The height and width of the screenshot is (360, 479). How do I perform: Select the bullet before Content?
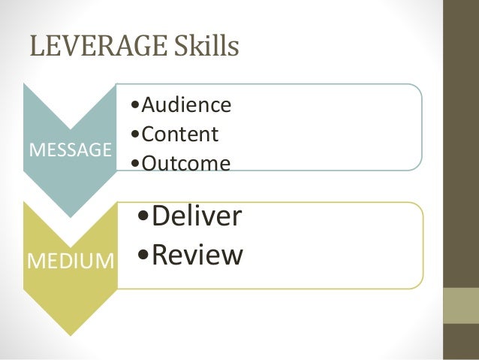click(133, 135)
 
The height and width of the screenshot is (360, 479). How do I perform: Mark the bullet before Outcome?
click(133, 163)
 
